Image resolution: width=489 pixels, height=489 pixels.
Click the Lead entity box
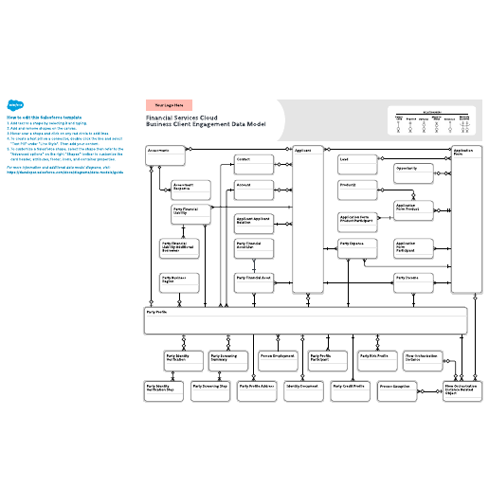tap(357, 163)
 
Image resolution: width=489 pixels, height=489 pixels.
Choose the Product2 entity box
tap(357, 189)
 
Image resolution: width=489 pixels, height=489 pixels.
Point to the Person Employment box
tap(278, 360)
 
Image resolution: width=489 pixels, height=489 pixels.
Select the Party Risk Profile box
tap(376, 360)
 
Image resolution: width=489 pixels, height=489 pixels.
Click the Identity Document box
tap(302, 389)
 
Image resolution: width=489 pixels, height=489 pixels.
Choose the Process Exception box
tap(397, 389)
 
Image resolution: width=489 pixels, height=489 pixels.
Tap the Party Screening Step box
tap(209, 389)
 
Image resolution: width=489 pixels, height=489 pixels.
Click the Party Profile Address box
tap(257, 389)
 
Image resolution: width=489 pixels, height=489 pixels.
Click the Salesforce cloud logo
tap(15, 106)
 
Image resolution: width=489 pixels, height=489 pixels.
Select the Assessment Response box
tap(190, 188)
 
